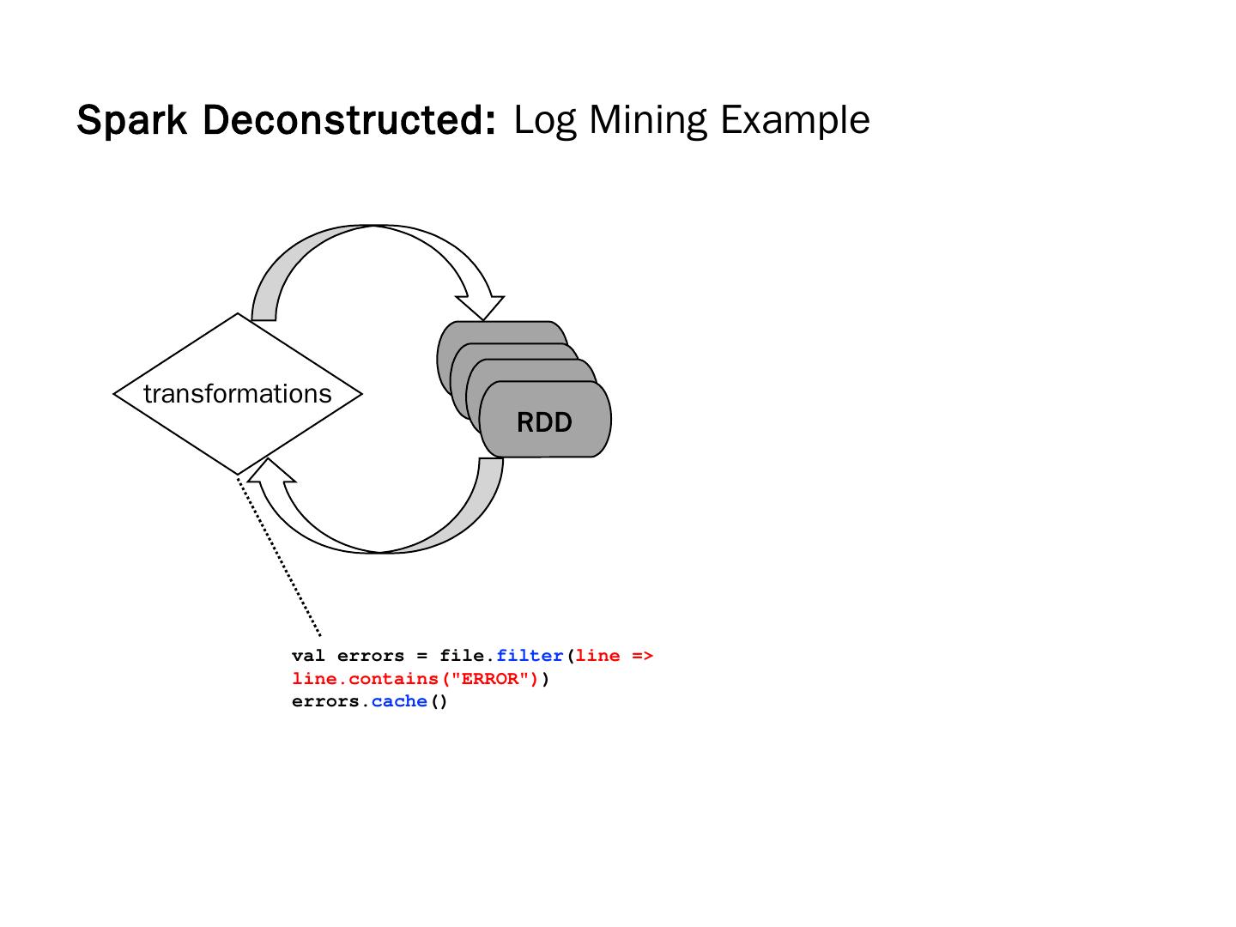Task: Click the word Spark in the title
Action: pos(131,120)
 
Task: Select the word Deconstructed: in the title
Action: pos(349,120)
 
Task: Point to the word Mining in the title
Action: pos(647,120)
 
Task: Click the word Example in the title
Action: pos(795,120)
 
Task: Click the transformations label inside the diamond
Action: pos(238,394)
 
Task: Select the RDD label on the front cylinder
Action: pos(544,422)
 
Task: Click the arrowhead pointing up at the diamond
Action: pos(269,472)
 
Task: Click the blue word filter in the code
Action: pos(530,656)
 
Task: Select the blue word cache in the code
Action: pos(399,701)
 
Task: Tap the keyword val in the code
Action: pos(308,656)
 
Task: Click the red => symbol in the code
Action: pos(642,656)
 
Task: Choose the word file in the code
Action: pos(462,656)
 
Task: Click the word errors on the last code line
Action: pos(325,701)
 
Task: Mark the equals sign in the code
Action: pos(421,656)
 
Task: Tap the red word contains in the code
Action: pos(393,679)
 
